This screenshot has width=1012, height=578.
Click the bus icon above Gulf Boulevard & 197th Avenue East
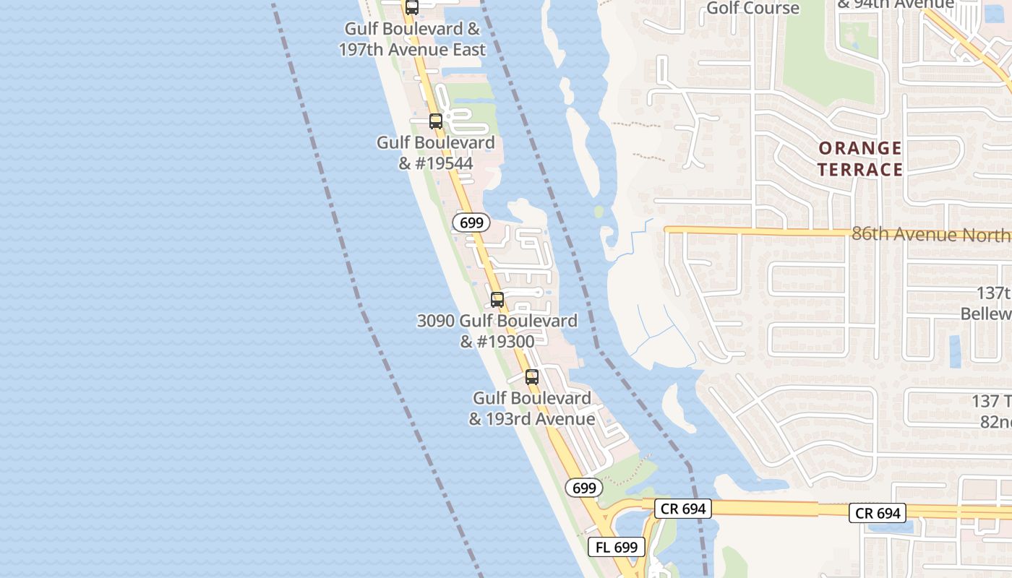(411, 8)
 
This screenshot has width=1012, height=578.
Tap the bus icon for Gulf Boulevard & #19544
(435, 121)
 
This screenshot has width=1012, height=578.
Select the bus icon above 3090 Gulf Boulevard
(497, 300)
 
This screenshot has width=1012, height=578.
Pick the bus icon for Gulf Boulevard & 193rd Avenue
(531, 376)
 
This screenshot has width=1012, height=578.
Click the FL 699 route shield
(617, 547)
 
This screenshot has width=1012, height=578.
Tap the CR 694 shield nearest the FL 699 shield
(683, 509)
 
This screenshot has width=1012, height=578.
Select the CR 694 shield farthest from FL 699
(878, 513)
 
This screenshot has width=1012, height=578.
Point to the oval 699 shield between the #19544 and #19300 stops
(471, 223)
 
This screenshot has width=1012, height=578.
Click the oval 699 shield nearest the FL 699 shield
(583, 488)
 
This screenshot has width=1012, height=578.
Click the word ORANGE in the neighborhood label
(859, 149)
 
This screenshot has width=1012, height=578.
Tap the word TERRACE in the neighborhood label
(859, 170)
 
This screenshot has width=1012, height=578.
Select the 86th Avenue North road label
(931, 234)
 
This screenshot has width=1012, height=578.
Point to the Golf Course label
(752, 8)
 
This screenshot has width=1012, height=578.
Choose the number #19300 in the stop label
(506, 341)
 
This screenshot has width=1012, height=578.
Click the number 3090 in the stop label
(436, 321)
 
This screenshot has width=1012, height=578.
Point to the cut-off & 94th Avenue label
(896, 4)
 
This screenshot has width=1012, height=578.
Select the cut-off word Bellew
(986, 314)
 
